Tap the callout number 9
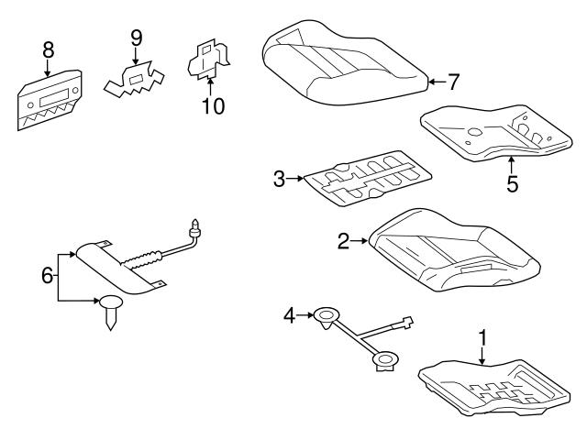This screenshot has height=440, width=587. point(136,38)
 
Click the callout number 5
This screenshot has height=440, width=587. point(512,183)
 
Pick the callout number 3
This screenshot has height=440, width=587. point(279,179)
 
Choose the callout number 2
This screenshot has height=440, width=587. point(344,241)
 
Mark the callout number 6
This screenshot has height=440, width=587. point(48,273)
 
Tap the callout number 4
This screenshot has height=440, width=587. point(291,316)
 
